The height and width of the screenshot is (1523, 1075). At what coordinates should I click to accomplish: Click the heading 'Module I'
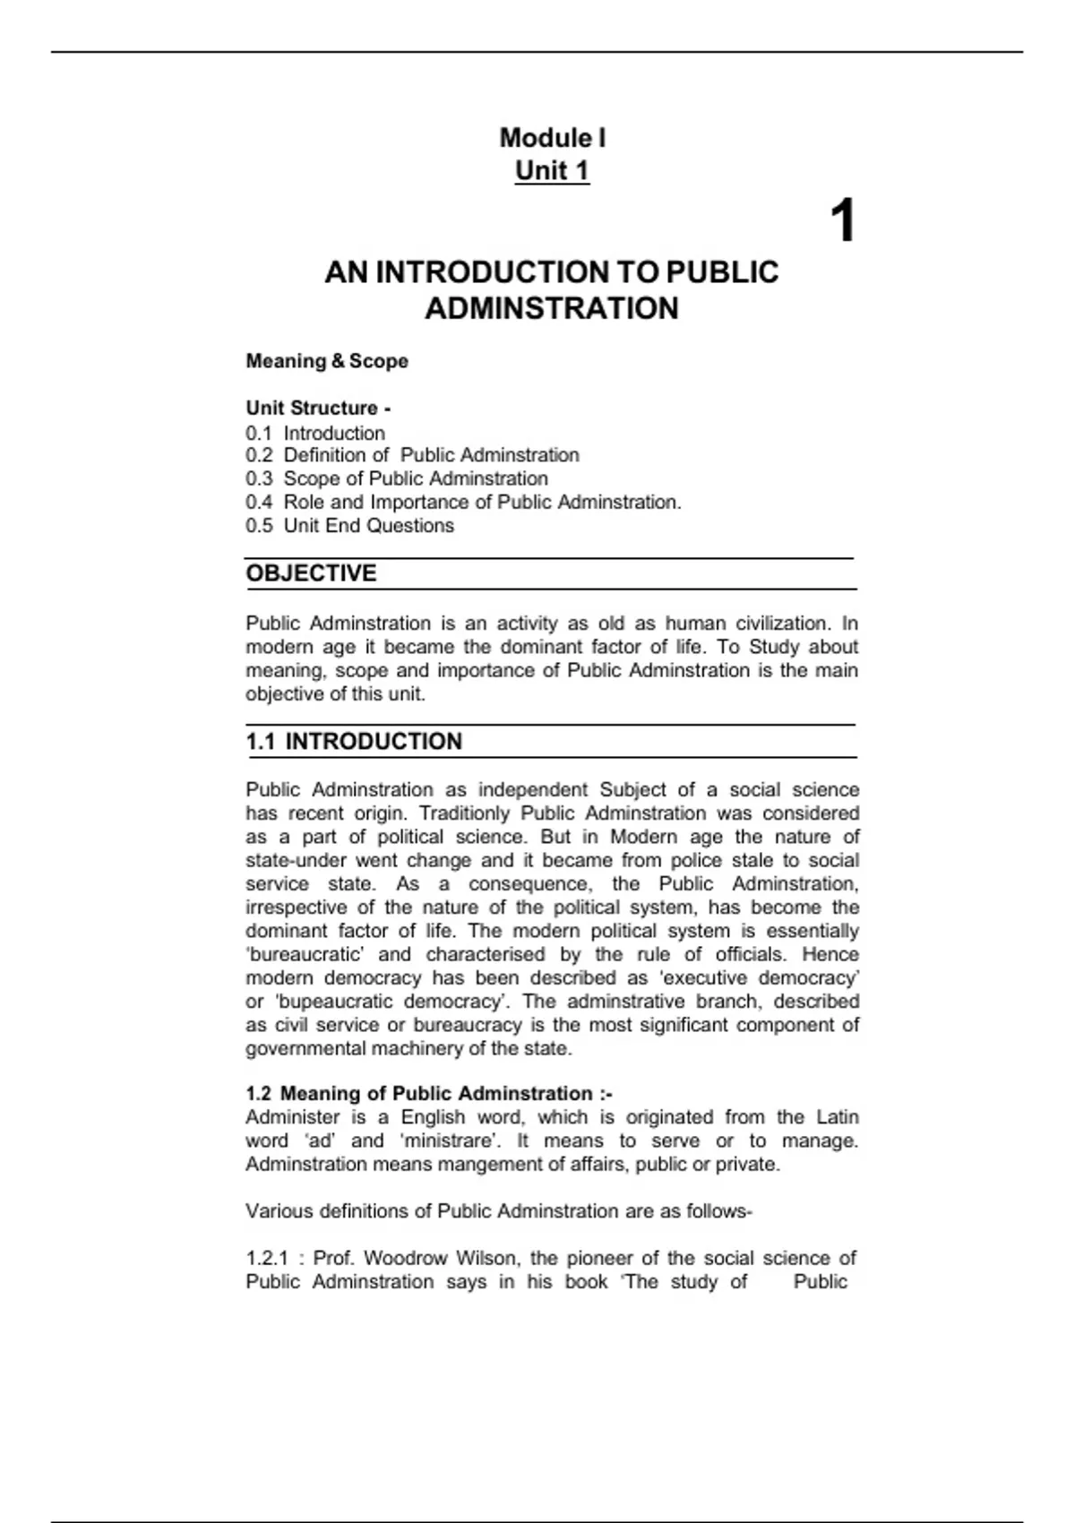pyautogui.click(x=552, y=138)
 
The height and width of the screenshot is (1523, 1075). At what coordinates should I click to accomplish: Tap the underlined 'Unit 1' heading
pyautogui.click(x=552, y=170)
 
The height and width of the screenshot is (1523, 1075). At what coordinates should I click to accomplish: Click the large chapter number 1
pyautogui.click(x=842, y=221)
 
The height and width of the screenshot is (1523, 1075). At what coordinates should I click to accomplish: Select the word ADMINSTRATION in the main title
pyautogui.click(x=552, y=308)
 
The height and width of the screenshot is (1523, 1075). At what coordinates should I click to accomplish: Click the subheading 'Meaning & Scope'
pyautogui.click(x=327, y=361)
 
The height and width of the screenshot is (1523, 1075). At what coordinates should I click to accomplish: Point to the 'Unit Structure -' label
pyautogui.click(x=318, y=409)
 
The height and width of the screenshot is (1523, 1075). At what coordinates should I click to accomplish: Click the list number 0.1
pyautogui.click(x=259, y=433)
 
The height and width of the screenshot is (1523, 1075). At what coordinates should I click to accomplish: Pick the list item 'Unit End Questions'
pyautogui.click(x=368, y=526)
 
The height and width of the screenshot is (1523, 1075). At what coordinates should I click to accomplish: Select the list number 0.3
pyautogui.click(x=259, y=479)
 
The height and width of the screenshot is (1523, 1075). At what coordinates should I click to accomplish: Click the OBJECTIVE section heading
pyautogui.click(x=311, y=573)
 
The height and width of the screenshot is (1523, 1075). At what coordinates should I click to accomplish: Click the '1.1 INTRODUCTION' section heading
pyautogui.click(x=354, y=742)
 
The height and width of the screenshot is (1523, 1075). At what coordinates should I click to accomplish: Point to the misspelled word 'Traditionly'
pyautogui.click(x=464, y=813)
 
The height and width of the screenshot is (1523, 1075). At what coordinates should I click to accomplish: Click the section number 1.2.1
pyautogui.click(x=267, y=1259)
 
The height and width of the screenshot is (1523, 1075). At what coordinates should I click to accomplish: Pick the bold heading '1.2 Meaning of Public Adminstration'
pyautogui.click(x=428, y=1094)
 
